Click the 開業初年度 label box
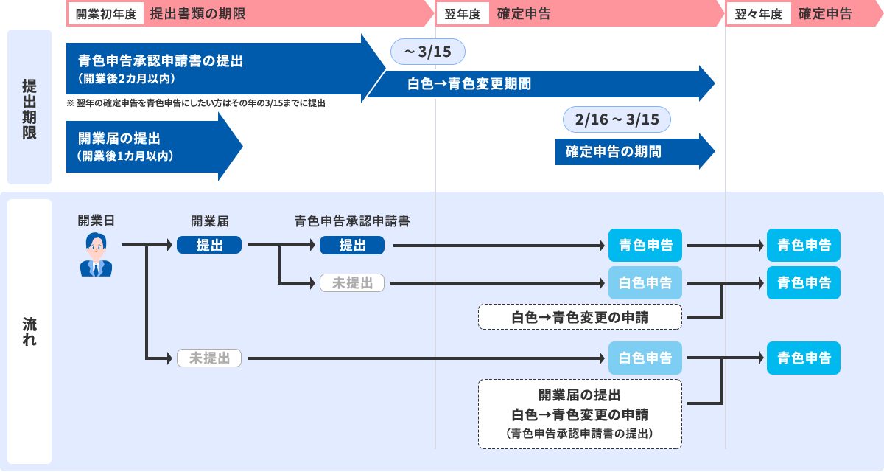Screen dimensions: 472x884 click(x=106, y=13)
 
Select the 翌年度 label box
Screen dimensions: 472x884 click(x=463, y=13)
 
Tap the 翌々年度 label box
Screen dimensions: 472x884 click(x=758, y=13)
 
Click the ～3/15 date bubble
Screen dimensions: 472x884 click(x=428, y=52)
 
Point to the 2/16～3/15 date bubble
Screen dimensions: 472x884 click(x=617, y=119)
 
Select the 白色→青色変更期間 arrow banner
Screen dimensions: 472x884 click(x=541, y=83)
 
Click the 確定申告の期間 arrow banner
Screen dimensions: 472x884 click(x=634, y=152)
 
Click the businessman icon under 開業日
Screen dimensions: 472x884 click(x=96, y=255)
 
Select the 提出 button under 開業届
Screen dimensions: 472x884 click(x=209, y=246)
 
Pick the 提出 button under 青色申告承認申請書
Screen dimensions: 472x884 click(x=352, y=246)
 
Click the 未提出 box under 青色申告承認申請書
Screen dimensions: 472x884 click(x=352, y=282)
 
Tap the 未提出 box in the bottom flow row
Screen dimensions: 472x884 click(x=209, y=358)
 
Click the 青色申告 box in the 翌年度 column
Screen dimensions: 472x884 click(x=645, y=246)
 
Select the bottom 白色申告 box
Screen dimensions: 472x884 click(x=645, y=358)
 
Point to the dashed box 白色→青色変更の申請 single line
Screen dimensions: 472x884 click(x=580, y=317)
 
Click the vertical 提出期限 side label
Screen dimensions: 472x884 click(x=29, y=107)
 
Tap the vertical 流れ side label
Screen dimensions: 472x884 click(x=29, y=332)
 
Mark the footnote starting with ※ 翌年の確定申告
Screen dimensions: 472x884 click(x=196, y=104)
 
